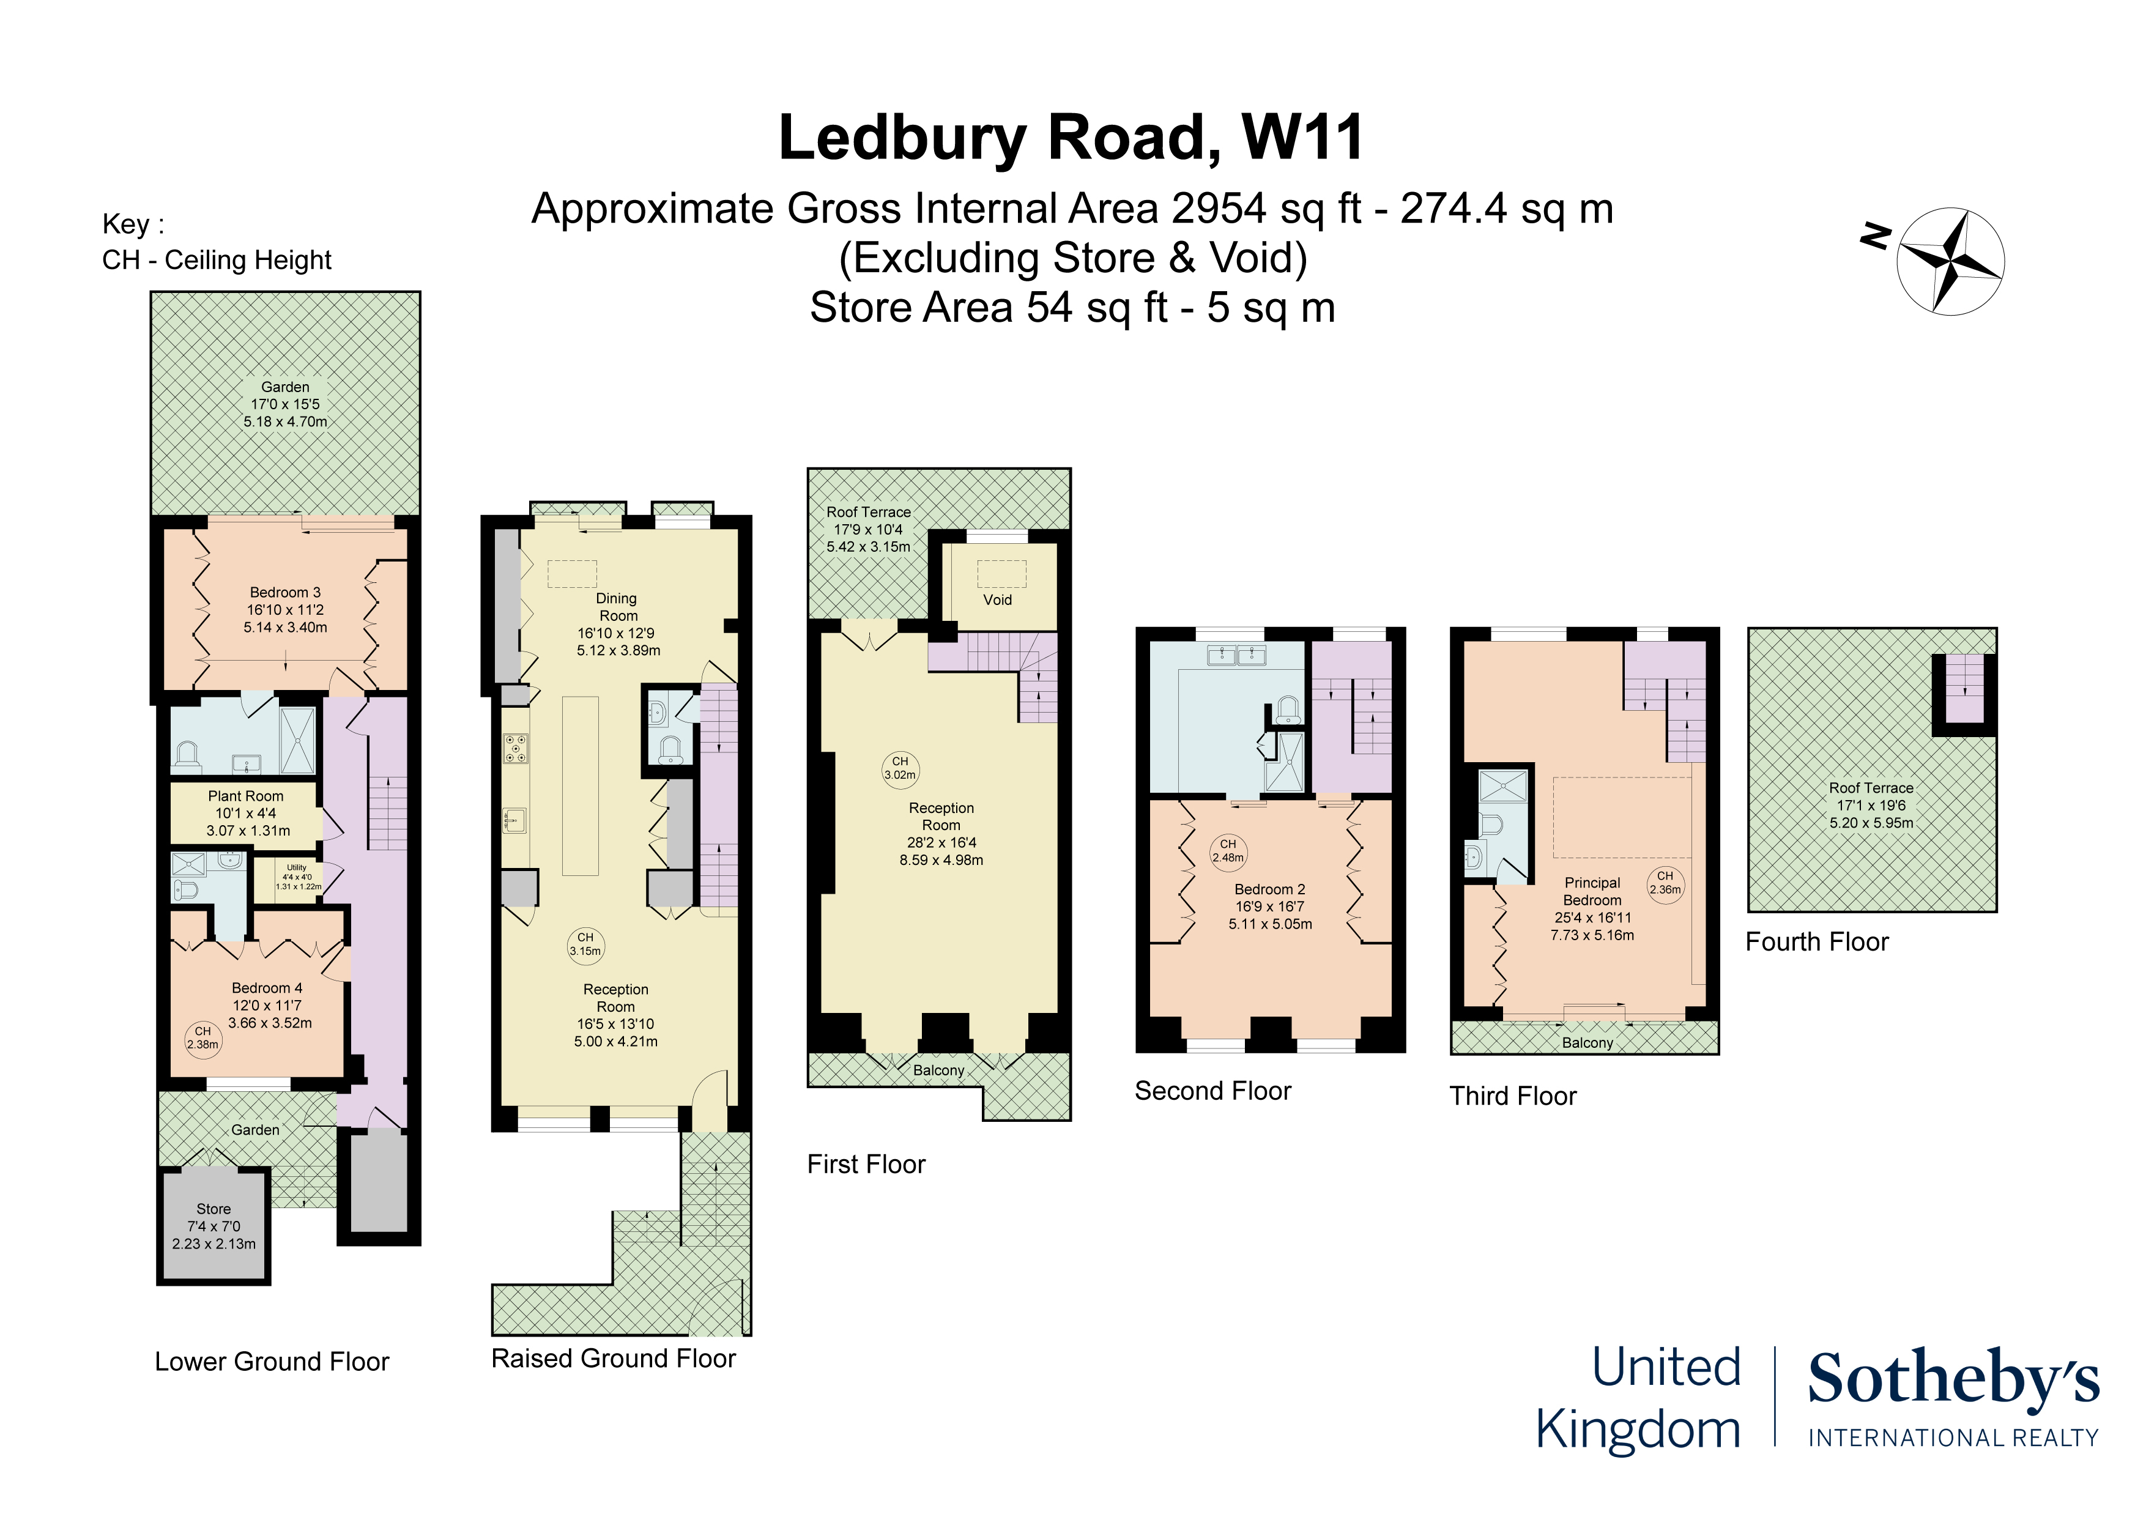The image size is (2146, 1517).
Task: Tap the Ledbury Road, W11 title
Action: click(1071, 138)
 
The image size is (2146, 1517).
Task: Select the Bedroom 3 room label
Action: click(285, 609)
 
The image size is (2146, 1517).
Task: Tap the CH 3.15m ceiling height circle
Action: click(585, 944)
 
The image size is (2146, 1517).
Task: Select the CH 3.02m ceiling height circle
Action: click(900, 768)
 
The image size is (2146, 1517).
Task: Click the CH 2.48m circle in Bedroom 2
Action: click(1228, 851)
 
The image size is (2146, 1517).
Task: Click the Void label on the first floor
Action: click(997, 600)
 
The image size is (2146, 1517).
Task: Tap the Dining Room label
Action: click(618, 607)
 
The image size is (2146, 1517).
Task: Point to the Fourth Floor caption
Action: click(1816, 941)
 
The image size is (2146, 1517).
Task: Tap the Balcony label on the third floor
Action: click(1587, 1043)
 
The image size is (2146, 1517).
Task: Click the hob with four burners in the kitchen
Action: click(516, 749)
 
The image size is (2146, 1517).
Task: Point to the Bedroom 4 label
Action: click(267, 988)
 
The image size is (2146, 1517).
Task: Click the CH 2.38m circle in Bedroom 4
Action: click(203, 1039)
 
